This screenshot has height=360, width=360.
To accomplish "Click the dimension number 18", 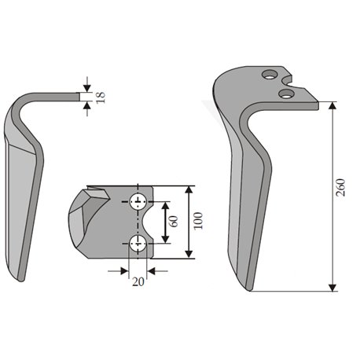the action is pyautogui.click(x=101, y=97).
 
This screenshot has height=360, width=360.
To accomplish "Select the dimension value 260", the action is pyautogui.click(x=340, y=188).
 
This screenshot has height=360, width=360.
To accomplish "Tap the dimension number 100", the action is pyautogui.click(x=198, y=221).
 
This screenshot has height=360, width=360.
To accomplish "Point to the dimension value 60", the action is pyautogui.click(x=174, y=222).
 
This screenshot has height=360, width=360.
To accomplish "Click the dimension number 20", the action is pyautogui.click(x=138, y=281).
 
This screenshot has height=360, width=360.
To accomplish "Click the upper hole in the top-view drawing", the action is pyautogui.click(x=138, y=201).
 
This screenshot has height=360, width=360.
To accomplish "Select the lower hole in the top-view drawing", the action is pyautogui.click(x=138, y=243).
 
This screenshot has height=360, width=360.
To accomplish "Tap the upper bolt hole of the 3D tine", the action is pyautogui.click(x=270, y=75).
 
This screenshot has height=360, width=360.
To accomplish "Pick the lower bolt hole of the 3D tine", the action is pyautogui.click(x=286, y=94).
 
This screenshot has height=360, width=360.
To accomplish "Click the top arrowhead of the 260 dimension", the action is pyautogui.click(x=332, y=105).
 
